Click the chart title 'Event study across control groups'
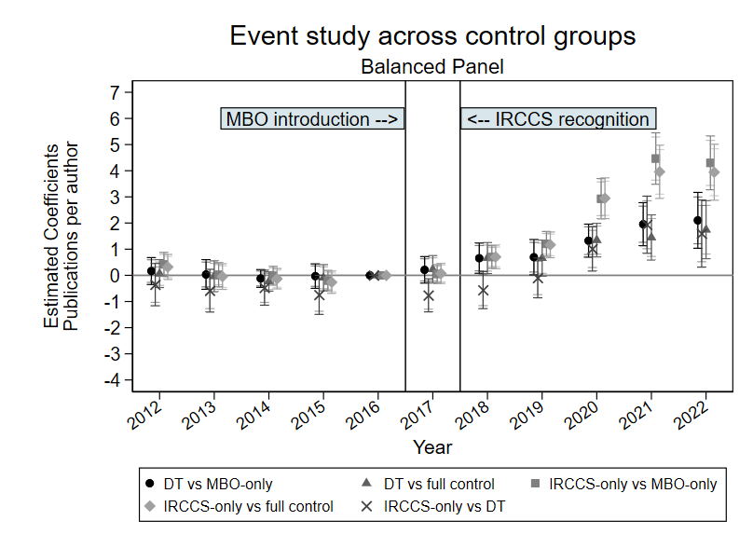click(432, 36)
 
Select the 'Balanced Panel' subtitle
click(432, 67)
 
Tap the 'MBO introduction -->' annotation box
click(313, 119)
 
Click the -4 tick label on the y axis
click(112, 380)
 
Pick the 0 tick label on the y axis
click(116, 276)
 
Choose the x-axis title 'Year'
click(432, 447)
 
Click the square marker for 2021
click(655, 159)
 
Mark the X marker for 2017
click(429, 296)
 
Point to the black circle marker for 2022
click(698, 221)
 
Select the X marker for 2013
click(211, 292)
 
